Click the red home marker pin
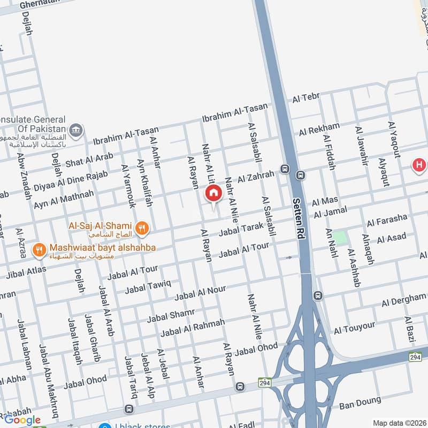[x=213, y=193]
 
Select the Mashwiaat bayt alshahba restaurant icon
[x=39, y=249]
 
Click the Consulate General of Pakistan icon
[x=77, y=130]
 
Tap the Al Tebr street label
[x=305, y=98]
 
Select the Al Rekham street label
[x=319, y=129]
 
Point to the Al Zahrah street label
[x=256, y=175]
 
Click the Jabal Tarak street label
[x=241, y=229]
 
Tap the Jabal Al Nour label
[x=200, y=292]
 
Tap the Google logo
[x=22, y=420]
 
